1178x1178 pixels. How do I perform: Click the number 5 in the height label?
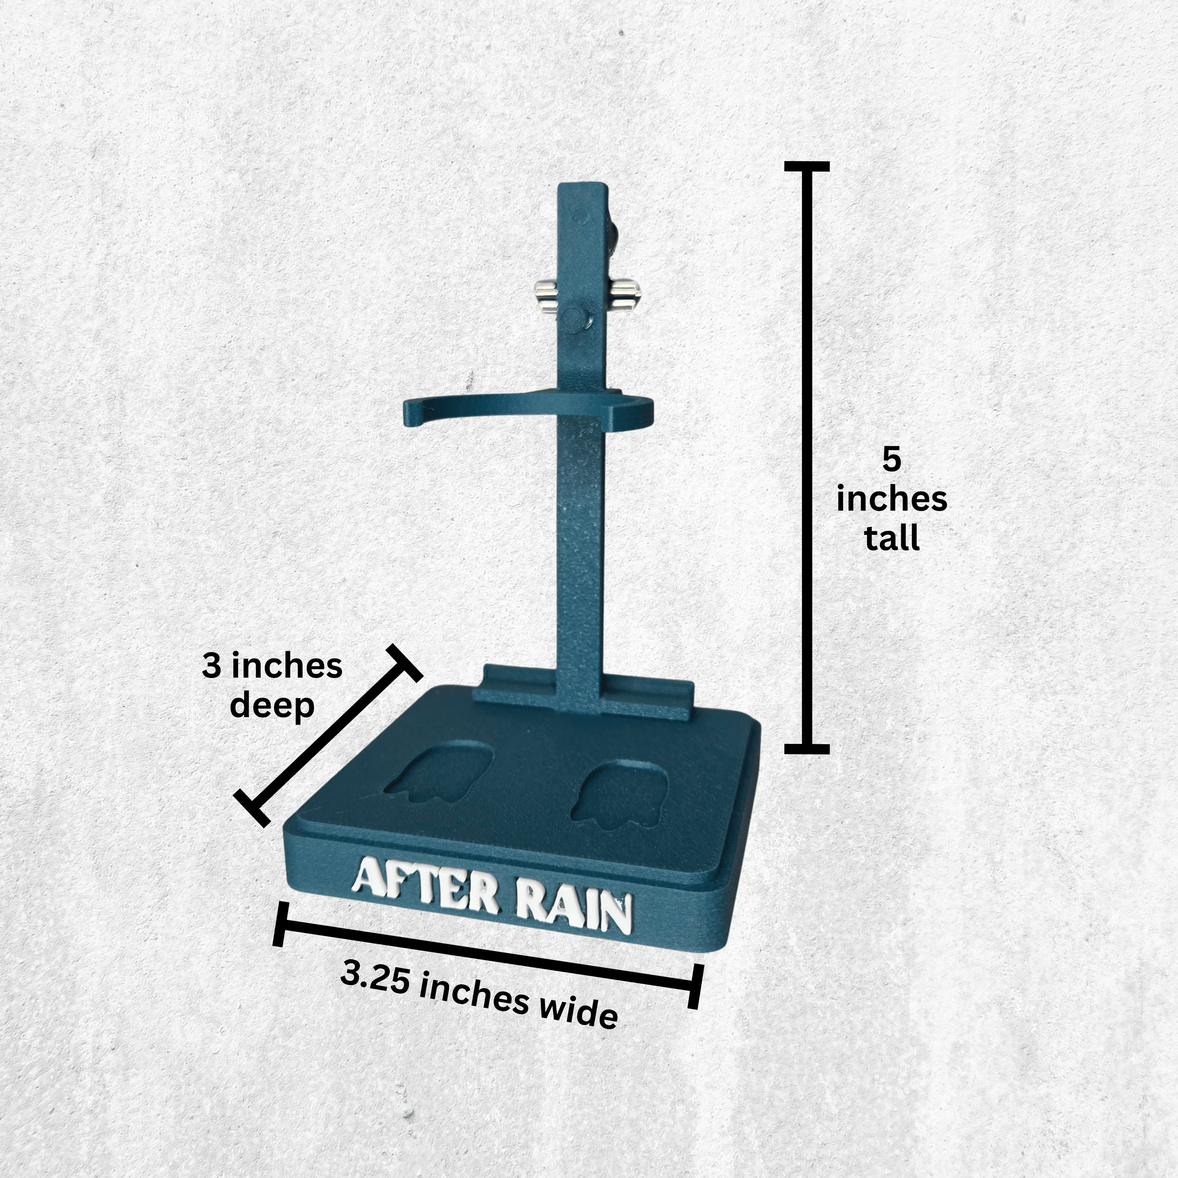891,460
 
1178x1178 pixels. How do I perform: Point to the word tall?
891,538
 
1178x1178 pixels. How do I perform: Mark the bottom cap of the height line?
807,749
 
